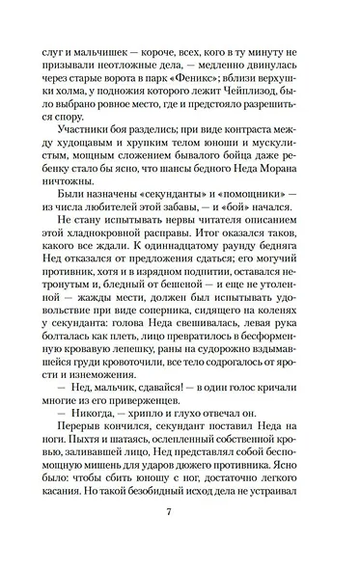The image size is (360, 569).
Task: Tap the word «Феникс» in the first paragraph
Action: [231, 78]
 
